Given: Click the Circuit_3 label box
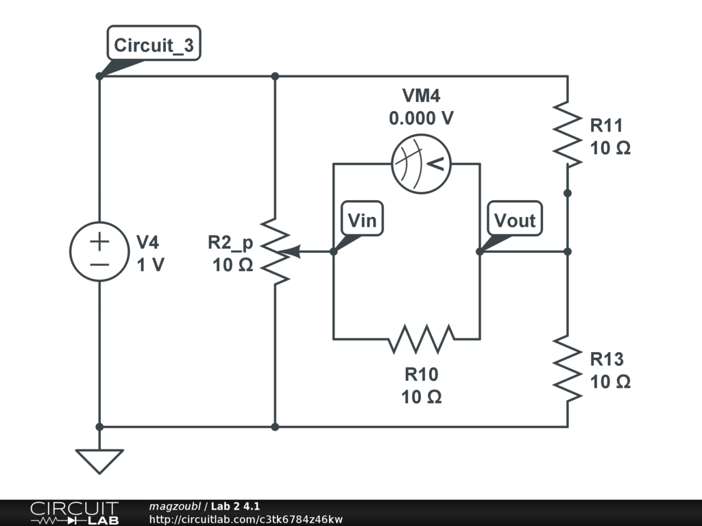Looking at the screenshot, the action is [x=154, y=43].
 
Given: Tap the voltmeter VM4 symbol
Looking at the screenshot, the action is [x=421, y=164].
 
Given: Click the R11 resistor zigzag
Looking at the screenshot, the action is [x=567, y=135].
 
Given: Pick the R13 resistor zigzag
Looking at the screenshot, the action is [x=567, y=368].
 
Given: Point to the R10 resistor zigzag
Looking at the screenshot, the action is [x=421, y=339].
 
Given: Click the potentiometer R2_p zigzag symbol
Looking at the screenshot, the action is [x=275, y=251].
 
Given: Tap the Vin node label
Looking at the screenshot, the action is [x=362, y=218].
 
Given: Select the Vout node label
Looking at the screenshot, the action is [x=515, y=218].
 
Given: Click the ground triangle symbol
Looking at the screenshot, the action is [x=99, y=461].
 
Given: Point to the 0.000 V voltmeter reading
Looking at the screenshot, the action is [x=422, y=118].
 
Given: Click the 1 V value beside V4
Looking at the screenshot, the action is [x=150, y=265].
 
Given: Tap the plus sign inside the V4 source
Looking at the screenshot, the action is [x=99, y=242].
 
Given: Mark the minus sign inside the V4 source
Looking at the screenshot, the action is [x=99, y=265].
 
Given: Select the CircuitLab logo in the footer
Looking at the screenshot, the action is [x=74, y=513].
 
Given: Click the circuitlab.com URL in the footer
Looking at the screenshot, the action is [x=246, y=519].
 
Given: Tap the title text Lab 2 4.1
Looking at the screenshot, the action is [x=236, y=506].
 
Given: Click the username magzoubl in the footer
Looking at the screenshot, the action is [x=175, y=507].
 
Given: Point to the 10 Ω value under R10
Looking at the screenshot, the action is [x=422, y=397].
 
